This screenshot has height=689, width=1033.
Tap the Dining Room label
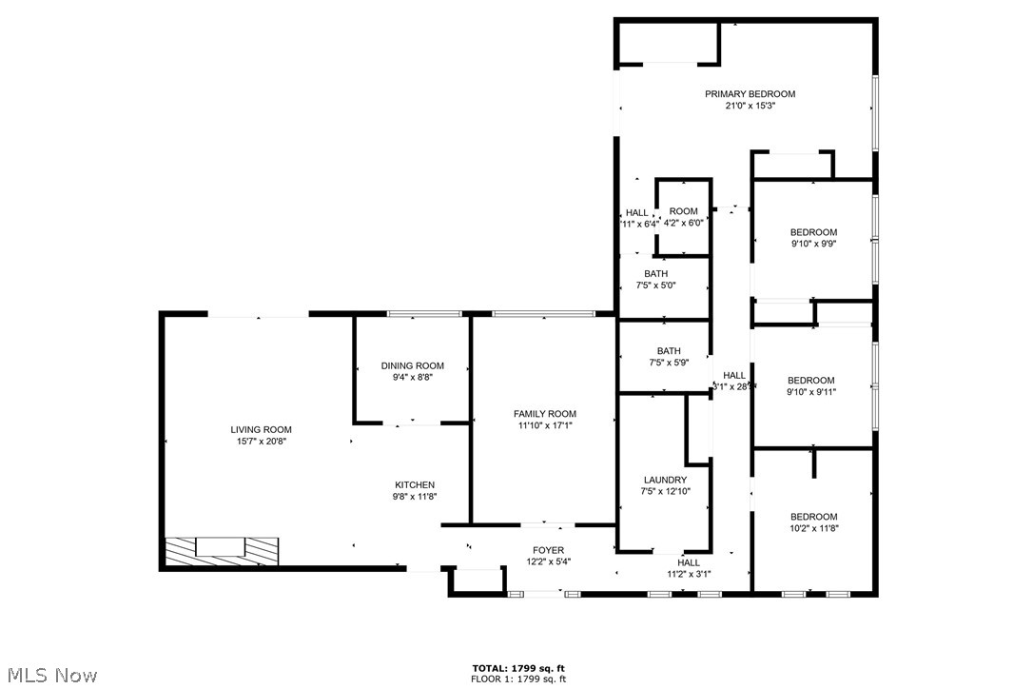[x=412, y=365]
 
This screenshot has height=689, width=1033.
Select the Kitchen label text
[x=414, y=485]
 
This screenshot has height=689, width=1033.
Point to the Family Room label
[x=544, y=414]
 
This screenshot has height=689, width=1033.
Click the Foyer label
[x=548, y=550]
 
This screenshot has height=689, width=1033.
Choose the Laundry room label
[x=664, y=480]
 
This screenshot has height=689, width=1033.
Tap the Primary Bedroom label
[x=750, y=94]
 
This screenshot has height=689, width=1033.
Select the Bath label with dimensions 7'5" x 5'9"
[x=668, y=351]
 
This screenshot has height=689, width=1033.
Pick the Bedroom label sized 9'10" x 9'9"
[x=813, y=232]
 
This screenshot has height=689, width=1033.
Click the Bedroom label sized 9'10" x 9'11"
[x=810, y=381]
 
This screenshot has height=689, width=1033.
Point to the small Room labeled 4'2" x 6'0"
[x=683, y=211]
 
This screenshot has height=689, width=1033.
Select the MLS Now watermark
[x=49, y=676]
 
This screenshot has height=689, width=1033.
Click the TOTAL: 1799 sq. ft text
[x=519, y=668]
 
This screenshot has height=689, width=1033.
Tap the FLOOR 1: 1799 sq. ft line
[x=519, y=679]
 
